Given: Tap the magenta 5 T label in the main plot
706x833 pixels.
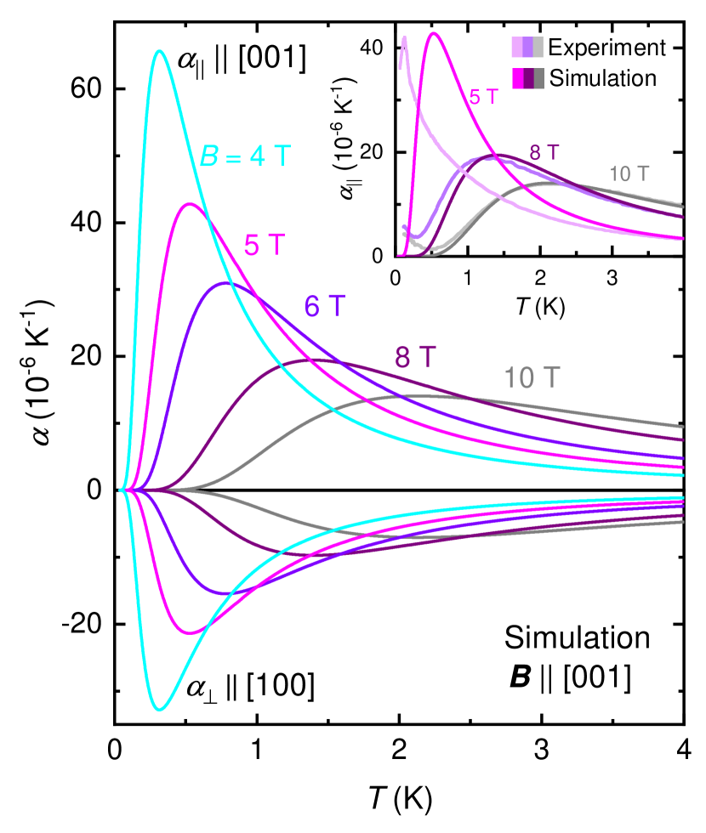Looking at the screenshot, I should [265, 245].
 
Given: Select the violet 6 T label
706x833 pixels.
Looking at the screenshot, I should [325, 306].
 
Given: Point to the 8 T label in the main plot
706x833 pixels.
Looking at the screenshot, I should [416, 357].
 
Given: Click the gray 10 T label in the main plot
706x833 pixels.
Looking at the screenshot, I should [532, 377].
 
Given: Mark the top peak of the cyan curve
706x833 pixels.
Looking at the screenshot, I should [159, 51].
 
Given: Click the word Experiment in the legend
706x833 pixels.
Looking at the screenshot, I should [606, 47].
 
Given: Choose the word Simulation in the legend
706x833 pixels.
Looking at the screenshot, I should [603, 78].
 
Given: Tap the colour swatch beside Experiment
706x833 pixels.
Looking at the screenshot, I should [527, 47].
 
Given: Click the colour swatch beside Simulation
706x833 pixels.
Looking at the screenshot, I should [527, 78].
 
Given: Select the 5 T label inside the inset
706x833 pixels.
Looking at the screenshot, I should [485, 97].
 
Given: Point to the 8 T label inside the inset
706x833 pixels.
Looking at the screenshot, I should [544, 153].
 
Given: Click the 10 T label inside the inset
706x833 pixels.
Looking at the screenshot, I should [629, 174].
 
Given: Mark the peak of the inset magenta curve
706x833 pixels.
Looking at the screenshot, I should [434, 33].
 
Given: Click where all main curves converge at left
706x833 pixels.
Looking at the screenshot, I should [123, 490].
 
